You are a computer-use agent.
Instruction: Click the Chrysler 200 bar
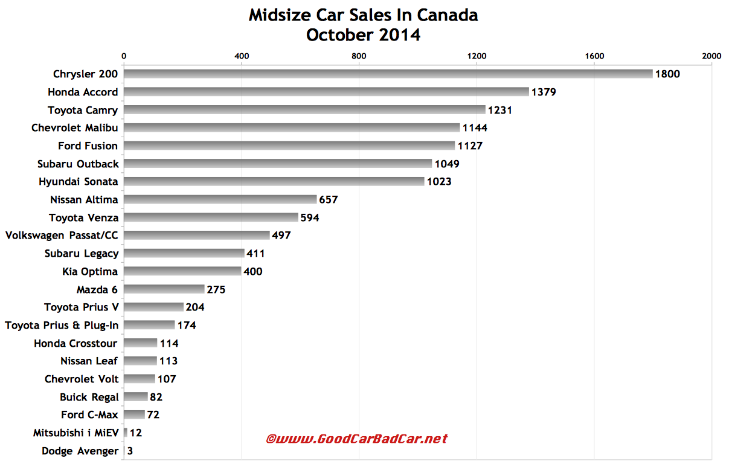coord(388,74)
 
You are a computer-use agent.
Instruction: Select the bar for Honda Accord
coord(326,92)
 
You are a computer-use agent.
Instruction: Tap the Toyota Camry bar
coord(304,110)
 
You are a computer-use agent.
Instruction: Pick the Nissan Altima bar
coord(220,199)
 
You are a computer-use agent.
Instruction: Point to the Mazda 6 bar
coord(164,289)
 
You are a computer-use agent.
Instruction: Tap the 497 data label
coord(281,236)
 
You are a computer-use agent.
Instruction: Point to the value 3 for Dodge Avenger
coord(130,451)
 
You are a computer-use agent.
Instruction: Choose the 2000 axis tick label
coord(711,56)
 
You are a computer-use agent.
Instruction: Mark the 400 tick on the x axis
coord(242,56)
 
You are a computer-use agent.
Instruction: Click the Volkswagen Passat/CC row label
coord(62,236)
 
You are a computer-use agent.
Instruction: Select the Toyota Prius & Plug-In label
coord(62,325)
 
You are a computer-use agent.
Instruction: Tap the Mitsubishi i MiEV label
coord(76,433)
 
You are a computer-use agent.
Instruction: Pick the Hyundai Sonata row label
coord(79,182)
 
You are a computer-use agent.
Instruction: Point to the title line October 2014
coord(363,35)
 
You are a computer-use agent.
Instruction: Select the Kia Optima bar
coord(182,271)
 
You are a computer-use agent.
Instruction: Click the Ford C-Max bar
coord(134,415)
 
